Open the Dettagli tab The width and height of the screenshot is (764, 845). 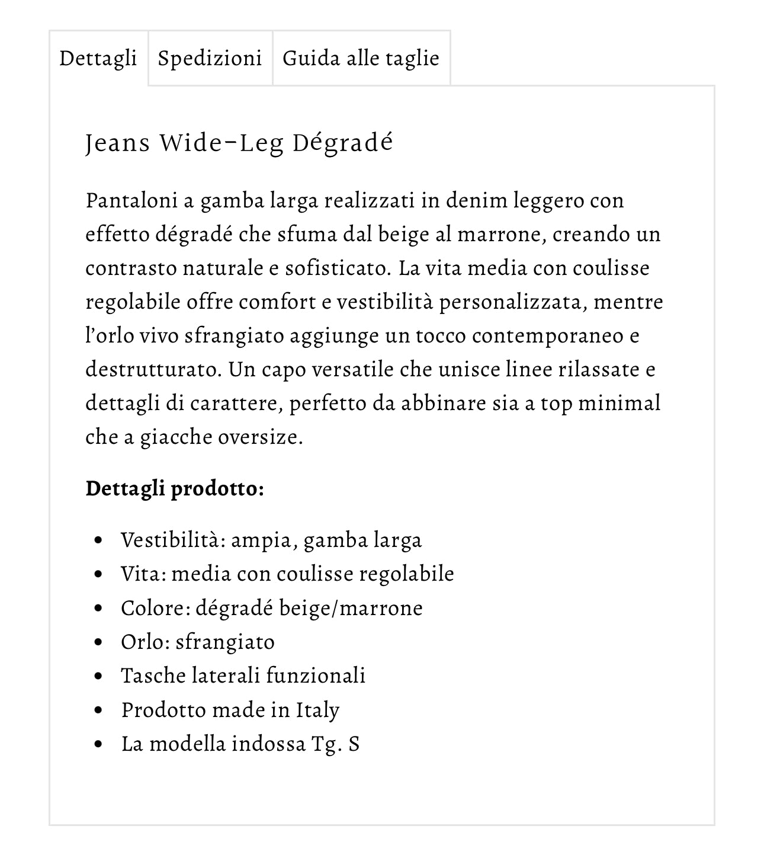(98, 59)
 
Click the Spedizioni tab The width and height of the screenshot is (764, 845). (210, 59)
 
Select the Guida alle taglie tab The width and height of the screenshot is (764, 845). (361, 59)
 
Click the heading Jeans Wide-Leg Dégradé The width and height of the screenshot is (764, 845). (239, 143)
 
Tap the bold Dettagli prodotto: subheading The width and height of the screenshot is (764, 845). (175, 489)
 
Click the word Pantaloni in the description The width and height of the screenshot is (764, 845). (131, 200)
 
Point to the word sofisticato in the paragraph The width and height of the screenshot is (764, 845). (335, 268)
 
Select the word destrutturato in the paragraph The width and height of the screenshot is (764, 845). (153, 369)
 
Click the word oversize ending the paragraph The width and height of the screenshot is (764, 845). (260, 437)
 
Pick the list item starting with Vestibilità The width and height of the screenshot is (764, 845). (271, 540)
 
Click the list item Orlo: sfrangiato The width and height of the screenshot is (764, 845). (198, 642)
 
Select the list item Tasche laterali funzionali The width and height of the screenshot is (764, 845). (243, 676)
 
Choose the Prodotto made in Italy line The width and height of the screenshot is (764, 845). (230, 710)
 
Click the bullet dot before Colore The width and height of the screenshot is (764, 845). (98, 609)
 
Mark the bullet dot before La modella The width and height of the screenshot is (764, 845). (98, 744)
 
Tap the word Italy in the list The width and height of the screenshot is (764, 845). (317, 710)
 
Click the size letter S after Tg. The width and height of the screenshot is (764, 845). (354, 744)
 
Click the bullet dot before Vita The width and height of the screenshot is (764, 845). (98, 574)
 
